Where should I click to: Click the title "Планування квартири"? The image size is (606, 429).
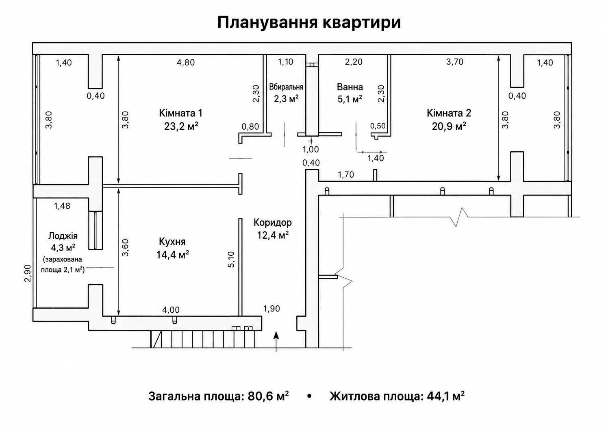[309, 22]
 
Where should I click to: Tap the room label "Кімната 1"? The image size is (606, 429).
[180, 113]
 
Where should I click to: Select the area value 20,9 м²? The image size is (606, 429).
[449, 126]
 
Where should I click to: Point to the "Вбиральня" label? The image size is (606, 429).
[286, 87]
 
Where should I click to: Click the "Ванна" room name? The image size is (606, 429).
[350, 87]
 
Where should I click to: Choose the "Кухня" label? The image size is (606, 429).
[172, 242]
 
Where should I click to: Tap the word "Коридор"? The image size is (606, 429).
[272, 223]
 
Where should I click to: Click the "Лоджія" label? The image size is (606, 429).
[63, 236]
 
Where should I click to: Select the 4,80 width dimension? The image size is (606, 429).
[186, 63]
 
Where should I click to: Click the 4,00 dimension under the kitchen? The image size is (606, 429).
[171, 309]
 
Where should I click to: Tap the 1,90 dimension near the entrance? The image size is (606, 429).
[272, 309]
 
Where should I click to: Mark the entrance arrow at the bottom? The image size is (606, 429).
[276, 342]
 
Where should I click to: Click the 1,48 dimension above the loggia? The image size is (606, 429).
[62, 206]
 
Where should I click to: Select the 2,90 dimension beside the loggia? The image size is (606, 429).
[28, 273]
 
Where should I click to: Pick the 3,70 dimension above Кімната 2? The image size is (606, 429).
[455, 62]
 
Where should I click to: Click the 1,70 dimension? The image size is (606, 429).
[346, 174]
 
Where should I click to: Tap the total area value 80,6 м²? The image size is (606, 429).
[268, 396]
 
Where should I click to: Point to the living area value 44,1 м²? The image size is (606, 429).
[445, 396]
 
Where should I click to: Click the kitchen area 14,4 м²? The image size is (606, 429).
[172, 255]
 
